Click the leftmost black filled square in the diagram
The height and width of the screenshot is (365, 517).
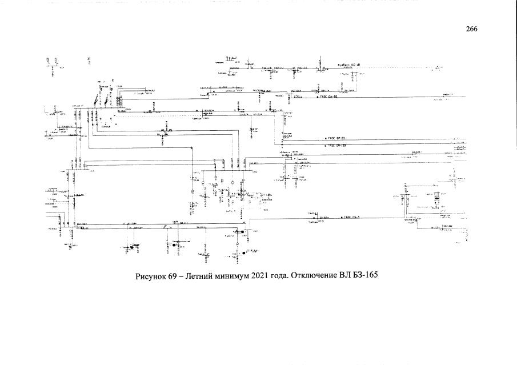[x=132, y=247]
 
